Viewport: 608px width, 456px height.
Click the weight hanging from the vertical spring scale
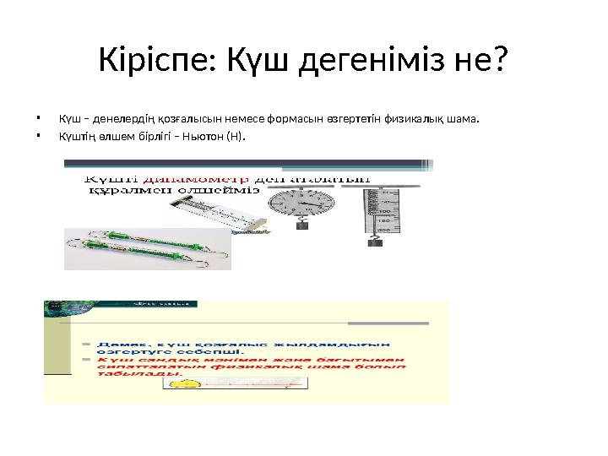[x=375, y=242]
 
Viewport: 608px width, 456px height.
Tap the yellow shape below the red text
[x=188, y=384]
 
